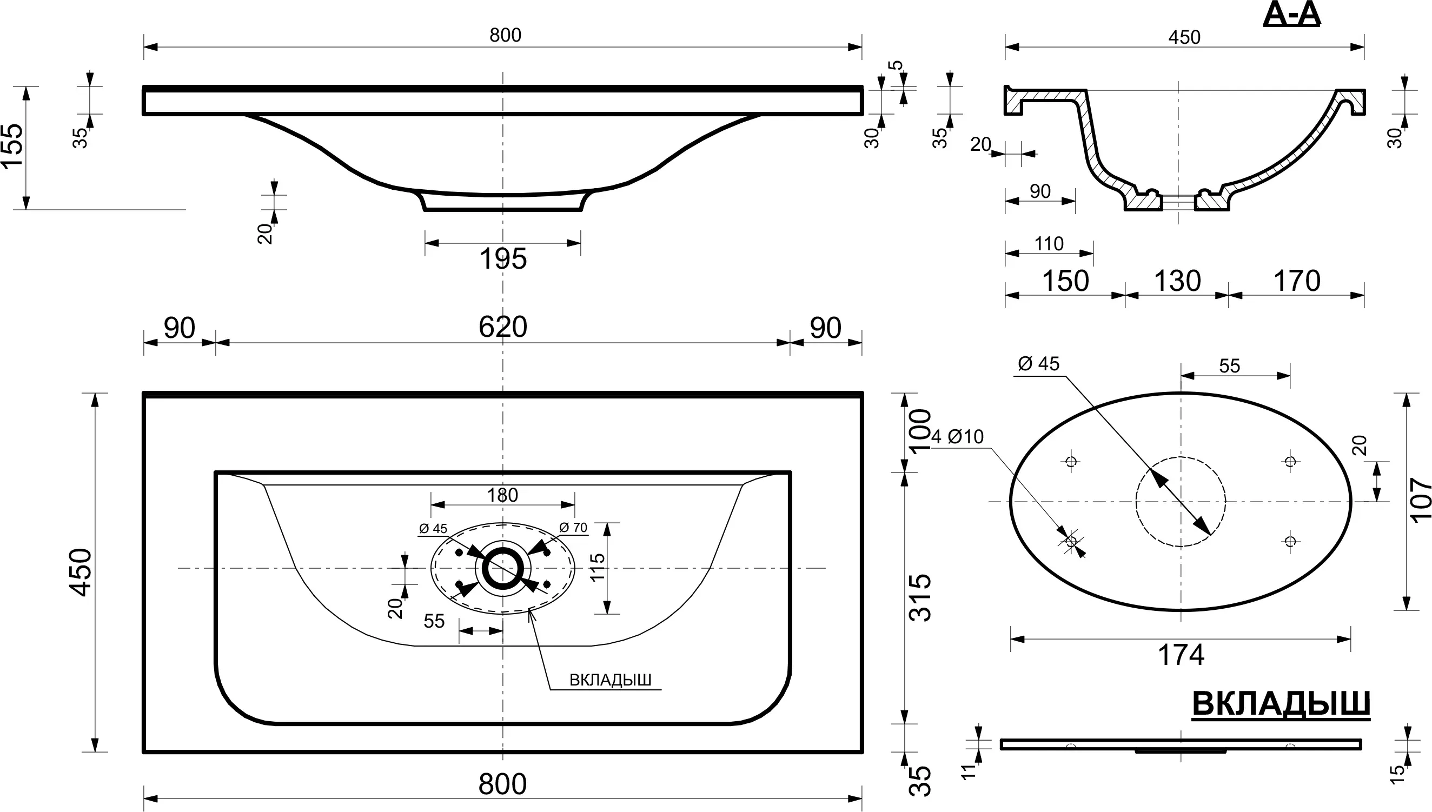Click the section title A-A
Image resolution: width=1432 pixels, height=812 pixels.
coord(1291,15)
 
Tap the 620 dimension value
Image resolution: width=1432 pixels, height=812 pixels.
coord(502,328)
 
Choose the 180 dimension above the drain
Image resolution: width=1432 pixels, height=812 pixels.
coord(502,495)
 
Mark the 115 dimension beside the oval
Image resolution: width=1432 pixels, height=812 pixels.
coord(598,567)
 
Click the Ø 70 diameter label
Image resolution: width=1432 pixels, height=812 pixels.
coord(573,527)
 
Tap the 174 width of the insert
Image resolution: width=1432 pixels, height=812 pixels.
coord(1181,655)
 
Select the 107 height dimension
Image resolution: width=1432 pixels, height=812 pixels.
coord(1420,500)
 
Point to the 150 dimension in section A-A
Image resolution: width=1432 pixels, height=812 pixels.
coord(1065,281)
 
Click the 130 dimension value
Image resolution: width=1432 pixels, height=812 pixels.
coord(1177,281)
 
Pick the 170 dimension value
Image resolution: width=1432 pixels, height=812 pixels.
coord(1297,281)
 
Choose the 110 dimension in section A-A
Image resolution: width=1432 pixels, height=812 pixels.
coord(1049,244)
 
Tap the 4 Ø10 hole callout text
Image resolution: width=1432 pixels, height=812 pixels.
coord(957,437)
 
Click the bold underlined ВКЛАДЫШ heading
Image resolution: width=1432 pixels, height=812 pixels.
coord(1281,704)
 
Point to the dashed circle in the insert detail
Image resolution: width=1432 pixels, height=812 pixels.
coord(1181,501)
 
